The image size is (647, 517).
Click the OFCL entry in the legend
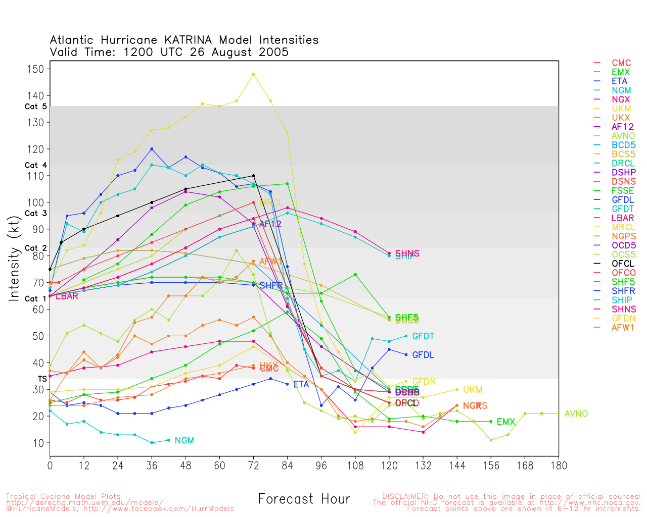(x=623, y=264)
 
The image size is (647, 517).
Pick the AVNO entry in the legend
(x=623, y=136)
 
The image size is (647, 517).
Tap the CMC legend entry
(x=621, y=63)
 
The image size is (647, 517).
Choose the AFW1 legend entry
(x=623, y=327)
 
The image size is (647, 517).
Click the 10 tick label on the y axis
(x=39, y=443)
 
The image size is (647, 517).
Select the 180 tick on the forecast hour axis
(x=559, y=465)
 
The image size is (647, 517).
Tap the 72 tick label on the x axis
(x=253, y=465)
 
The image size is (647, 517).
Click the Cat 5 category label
(x=35, y=107)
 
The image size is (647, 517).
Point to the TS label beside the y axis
(x=42, y=379)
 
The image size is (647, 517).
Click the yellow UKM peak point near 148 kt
(x=253, y=74)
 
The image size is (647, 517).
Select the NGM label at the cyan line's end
(x=184, y=441)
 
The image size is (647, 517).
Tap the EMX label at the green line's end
(x=505, y=422)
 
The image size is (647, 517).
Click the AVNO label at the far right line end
(x=576, y=414)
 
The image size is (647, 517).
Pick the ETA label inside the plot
(x=301, y=385)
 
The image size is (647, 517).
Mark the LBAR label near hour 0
(x=67, y=296)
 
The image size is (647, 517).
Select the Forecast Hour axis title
(x=304, y=499)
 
